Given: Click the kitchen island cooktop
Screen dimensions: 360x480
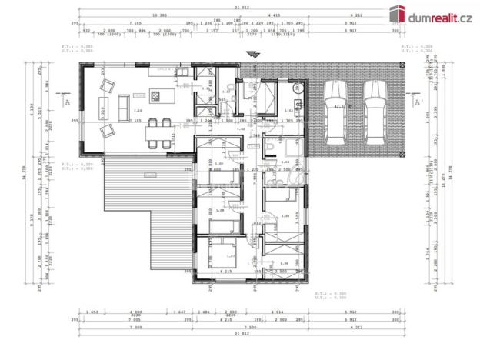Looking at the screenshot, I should click(155, 95).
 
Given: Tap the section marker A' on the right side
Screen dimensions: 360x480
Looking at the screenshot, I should click(418, 102).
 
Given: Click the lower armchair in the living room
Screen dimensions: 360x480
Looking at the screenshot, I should click(106, 129).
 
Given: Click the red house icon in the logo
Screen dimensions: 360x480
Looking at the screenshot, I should click(397, 13).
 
